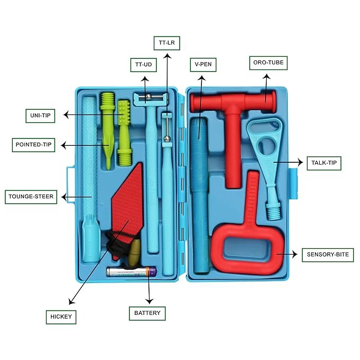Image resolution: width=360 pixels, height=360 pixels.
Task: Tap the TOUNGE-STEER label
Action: pyautogui.click(x=31, y=197)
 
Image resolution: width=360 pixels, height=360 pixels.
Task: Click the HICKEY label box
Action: pyautogui.click(x=60, y=318)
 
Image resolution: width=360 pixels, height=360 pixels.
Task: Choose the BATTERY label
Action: pyautogui.click(x=147, y=313)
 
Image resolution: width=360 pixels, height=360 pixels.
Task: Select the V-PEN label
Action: pyautogui.click(x=203, y=65)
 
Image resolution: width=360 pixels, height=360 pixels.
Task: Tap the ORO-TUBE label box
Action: pyautogui.click(x=268, y=63)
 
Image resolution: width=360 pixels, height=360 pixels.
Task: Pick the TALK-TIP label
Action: pyautogui.click(x=323, y=163)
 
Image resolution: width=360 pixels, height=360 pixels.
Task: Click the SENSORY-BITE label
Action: pyautogui.click(x=328, y=254)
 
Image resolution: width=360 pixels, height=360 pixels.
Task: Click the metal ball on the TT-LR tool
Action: pyautogui.click(x=167, y=139)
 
